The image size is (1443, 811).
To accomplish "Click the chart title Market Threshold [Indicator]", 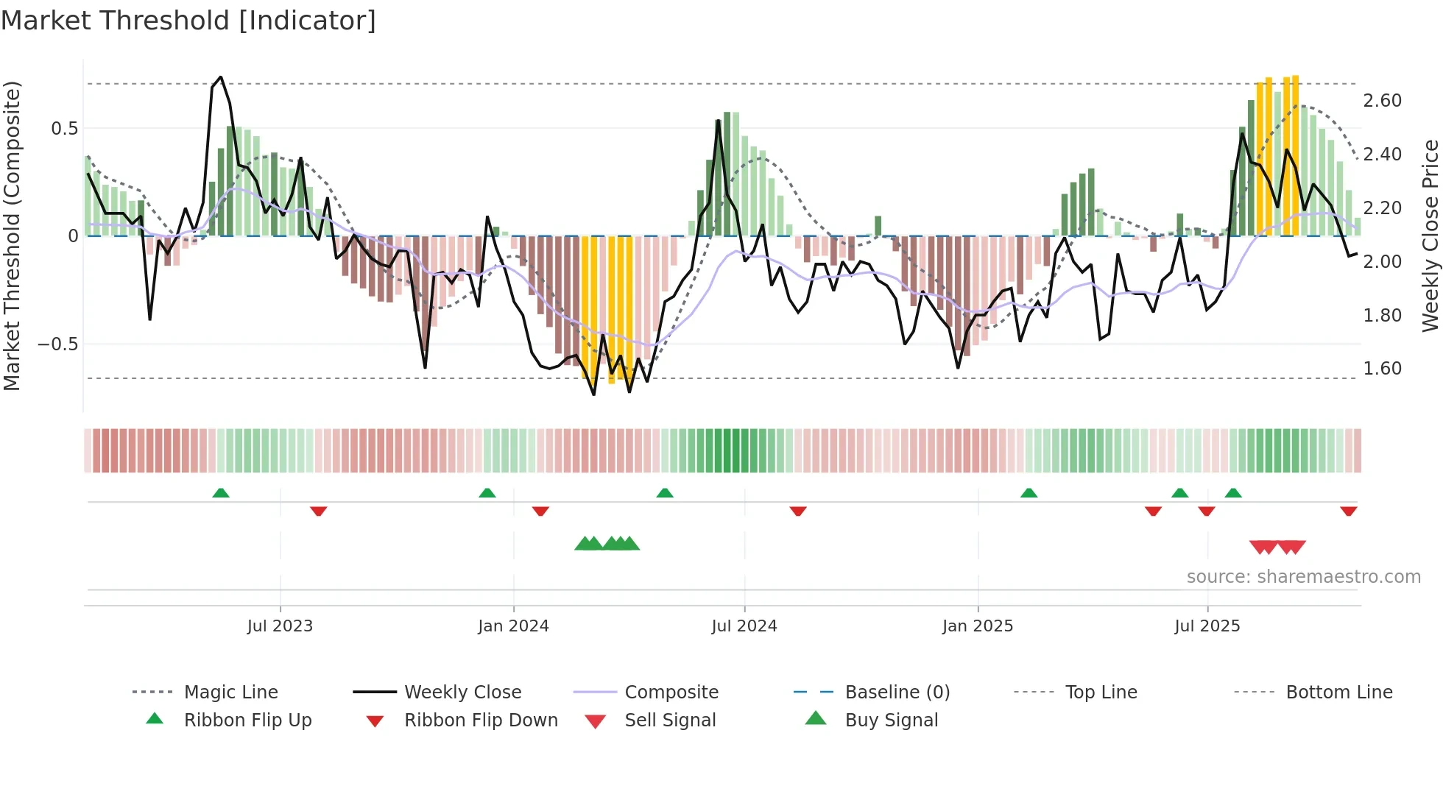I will pyautogui.click(x=188, y=21).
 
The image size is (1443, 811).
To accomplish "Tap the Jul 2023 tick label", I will pyautogui.click(x=280, y=626).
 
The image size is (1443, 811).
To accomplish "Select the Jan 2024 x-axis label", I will pyautogui.click(x=513, y=626).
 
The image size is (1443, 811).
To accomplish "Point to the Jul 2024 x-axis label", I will pyautogui.click(x=744, y=626).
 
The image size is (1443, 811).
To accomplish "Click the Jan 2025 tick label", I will pyautogui.click(x=978, y=626).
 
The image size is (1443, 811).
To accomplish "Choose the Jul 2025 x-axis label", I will pyautogui.click(x=1207, y=626).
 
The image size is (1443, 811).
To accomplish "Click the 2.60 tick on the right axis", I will pyautogui.click(x=1382, y=101).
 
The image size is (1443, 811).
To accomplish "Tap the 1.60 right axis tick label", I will pyautogui.click(x=1382, y=369).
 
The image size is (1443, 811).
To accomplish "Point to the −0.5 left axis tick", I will pyautogui.click(x=57, y=344).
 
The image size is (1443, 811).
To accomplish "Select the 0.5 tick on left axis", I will pyautogui.click(x=64, y=129).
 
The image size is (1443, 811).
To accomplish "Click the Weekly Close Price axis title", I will pyautogui.click(x=1430, y=235).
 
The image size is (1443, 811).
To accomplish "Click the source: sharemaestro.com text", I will pyautogui.click(x=1303, y=577).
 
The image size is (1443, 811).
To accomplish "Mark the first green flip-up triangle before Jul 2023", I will pyautogui.click(x=221, y=493).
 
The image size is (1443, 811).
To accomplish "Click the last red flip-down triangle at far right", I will pyautogui.click(x=1349, y=511).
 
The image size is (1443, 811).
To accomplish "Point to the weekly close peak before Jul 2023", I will pyautogui.click(x=221, y=77).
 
